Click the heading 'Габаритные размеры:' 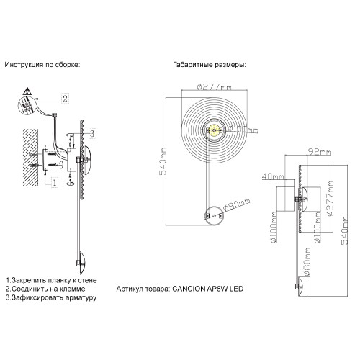coord(208,65)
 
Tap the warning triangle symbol coord(27,92)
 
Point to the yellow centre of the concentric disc coord(214,130)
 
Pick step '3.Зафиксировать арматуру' coord(50,297)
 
